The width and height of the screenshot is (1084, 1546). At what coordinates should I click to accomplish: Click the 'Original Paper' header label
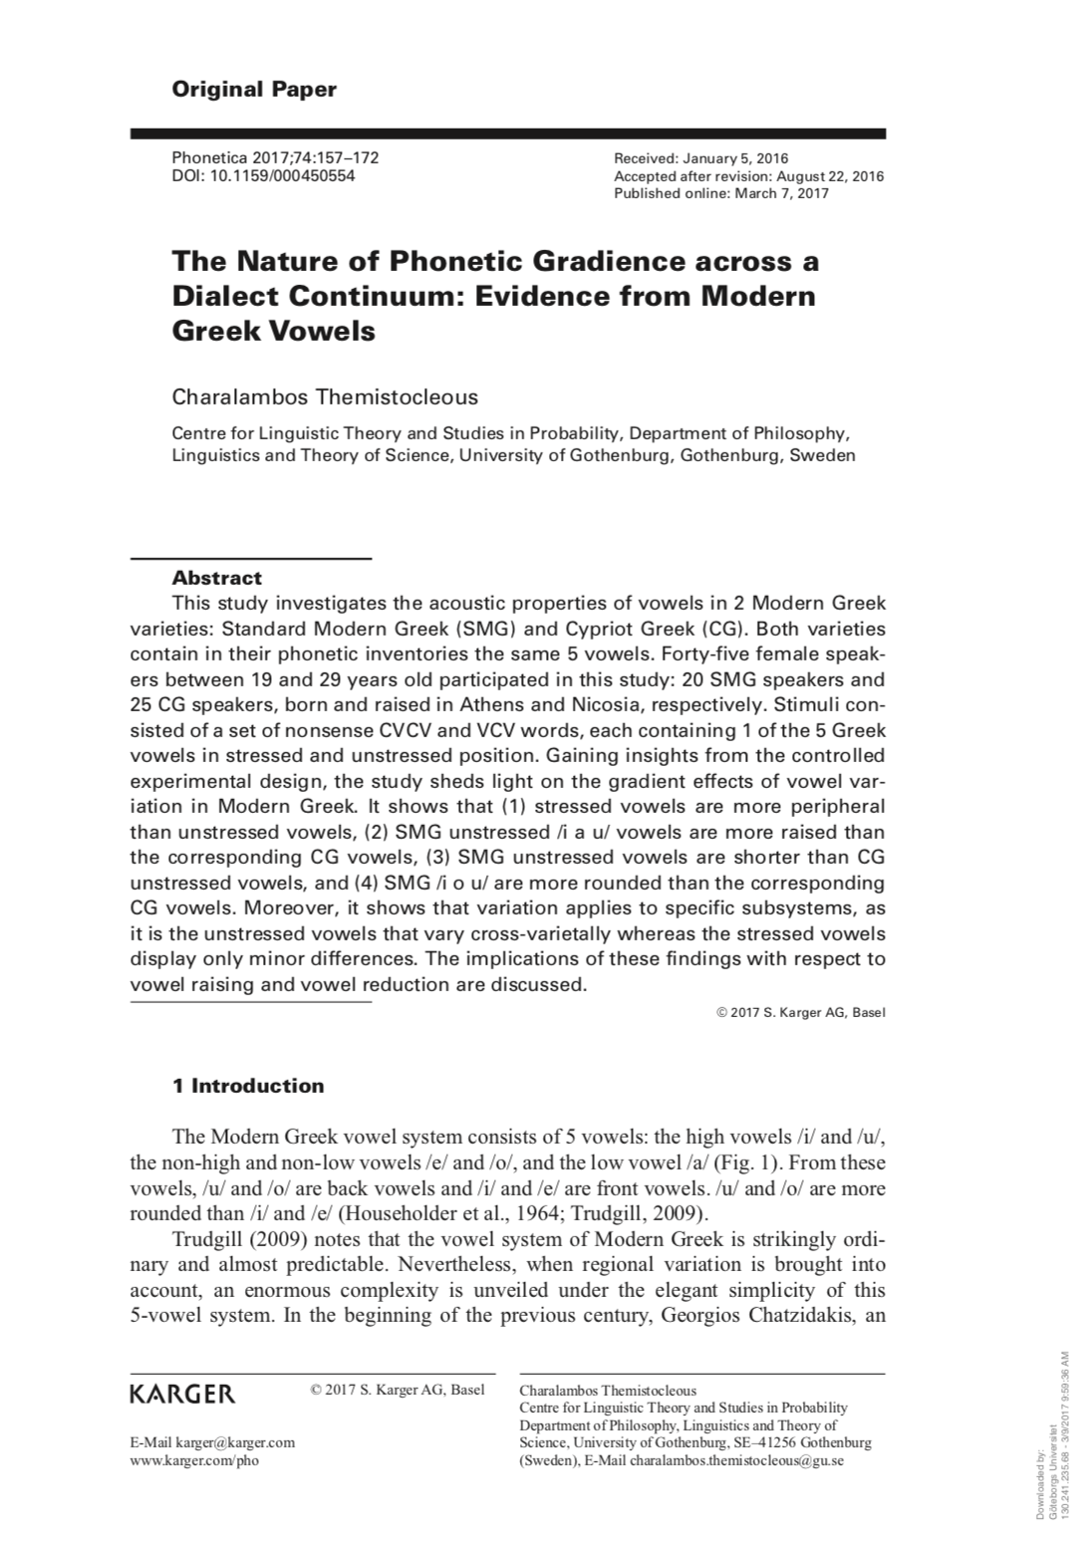pyautogui.click(x=254, y=90)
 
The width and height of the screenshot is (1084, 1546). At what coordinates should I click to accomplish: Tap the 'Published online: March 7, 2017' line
pyautogui.click(x=721, y=193)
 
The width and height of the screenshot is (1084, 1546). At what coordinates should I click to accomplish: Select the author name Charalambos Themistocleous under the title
pyautogui.click(x=325, y=396)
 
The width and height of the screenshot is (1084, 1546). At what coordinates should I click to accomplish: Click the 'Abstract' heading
pyautogui.click(x=217, y=578)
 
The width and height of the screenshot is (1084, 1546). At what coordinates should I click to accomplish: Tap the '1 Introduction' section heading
pyautogui.click(x=248, y=1086)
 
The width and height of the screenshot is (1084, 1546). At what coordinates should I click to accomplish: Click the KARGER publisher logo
pyautogui.click(x=183, y=1393)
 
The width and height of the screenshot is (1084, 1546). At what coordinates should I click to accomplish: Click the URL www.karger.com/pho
pyautogui.click(x=194, y=1460)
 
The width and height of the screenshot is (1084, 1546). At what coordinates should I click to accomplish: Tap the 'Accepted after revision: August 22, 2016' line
pyautogui.click(x=748, y=176)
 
